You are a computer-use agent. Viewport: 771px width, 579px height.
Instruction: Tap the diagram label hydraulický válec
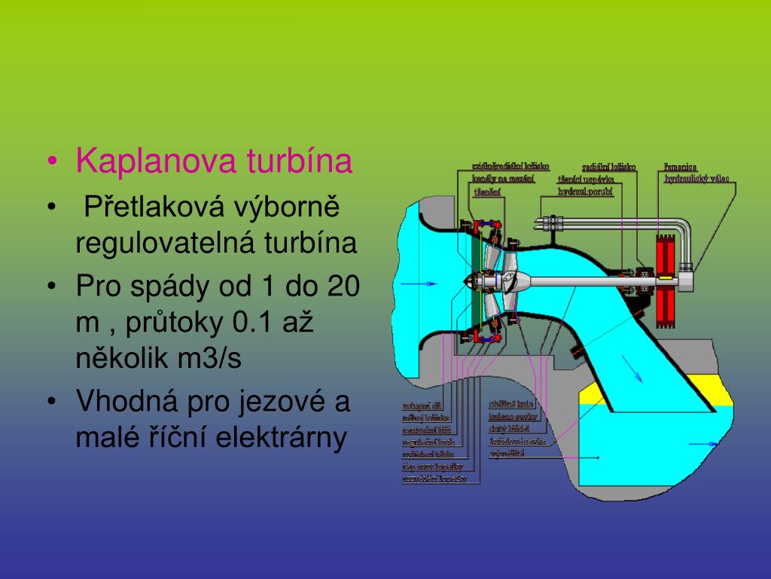[696, 179]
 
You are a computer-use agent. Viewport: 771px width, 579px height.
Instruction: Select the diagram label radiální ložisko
[608, 167]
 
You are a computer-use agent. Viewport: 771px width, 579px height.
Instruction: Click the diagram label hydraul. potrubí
[586, 192]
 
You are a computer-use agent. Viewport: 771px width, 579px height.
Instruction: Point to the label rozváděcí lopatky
[434, 478]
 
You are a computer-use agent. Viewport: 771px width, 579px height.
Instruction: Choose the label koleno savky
[512, 415]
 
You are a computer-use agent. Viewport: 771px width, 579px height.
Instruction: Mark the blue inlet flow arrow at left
[419, 283]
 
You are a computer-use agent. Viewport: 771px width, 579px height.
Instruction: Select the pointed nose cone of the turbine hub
[471, 282]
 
